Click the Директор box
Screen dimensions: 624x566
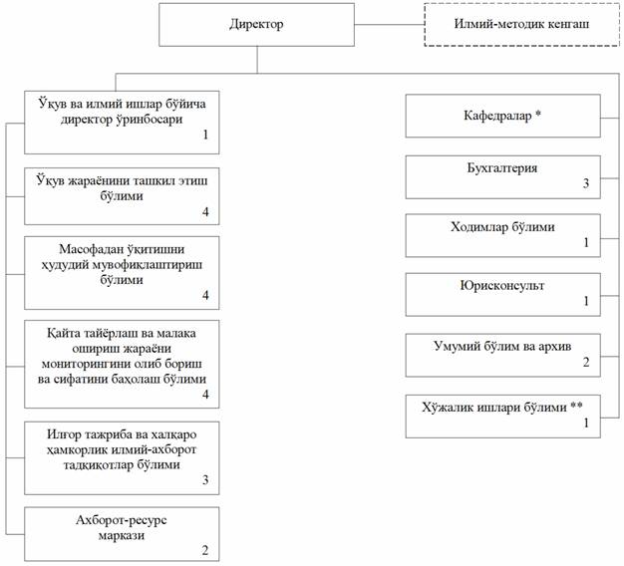pos(256,25)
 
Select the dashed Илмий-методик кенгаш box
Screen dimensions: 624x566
pos(521,25)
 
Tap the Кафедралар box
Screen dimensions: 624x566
pos(502,117)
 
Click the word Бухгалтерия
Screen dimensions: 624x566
pos(502,167)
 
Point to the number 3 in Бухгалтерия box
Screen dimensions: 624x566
pos(586,183)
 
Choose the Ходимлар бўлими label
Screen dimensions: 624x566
pos(502,227)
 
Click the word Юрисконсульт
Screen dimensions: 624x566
pos(502,286)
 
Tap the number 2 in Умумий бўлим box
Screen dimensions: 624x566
pos(586,362)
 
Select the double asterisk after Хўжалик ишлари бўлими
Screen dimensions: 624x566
pos(576,406)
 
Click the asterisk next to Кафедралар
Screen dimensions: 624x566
pos(538,115)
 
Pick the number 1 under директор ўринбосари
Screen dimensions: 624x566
pos(205,135)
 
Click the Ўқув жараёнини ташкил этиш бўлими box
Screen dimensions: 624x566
pos(122,196)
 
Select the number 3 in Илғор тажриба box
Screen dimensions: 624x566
pos(205,479)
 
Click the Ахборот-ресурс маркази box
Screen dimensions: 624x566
pos(122,534)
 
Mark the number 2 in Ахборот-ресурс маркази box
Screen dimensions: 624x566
pos(205,550)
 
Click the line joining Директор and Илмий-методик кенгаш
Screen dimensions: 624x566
pos(390,25)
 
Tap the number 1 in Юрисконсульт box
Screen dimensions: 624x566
pos(586,301)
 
